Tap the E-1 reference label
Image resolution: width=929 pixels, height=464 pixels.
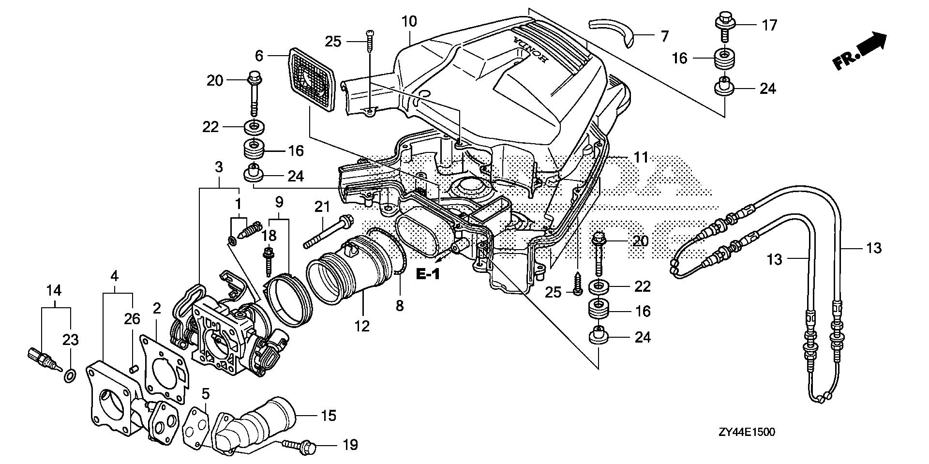coord(428,275)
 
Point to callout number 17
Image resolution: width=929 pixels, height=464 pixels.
coord(769,25)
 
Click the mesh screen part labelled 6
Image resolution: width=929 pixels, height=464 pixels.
coord(313,78)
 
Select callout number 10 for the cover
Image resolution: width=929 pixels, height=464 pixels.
coord(409,22)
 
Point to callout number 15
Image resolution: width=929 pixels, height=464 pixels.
coord(329,416)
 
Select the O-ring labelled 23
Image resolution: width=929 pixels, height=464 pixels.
coord(70,375)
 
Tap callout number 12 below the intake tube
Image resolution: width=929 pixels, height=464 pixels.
coord(361,326)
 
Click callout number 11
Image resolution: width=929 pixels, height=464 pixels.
coord(641,157)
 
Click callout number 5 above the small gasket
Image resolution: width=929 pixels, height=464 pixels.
coord(206,394)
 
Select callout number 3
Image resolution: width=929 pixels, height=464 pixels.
coord(219,168)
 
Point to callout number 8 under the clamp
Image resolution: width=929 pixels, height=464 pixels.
coord(399,306)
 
